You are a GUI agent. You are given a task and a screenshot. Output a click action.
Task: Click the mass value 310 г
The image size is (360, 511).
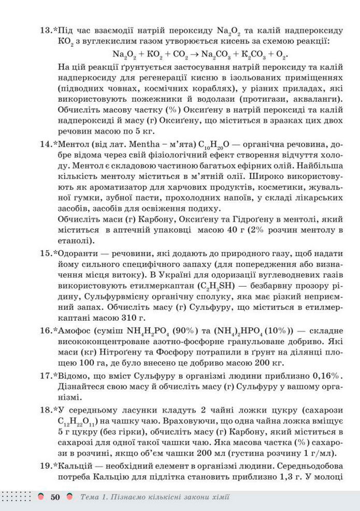[126, 317]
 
